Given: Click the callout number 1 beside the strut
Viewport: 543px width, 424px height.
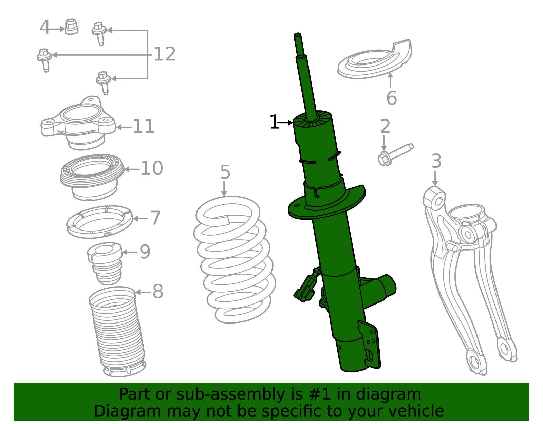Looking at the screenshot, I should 274,122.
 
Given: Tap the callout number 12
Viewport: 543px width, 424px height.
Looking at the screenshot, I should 165,54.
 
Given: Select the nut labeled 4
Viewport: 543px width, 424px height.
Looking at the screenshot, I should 71,26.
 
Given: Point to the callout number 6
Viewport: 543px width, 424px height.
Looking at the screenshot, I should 391,98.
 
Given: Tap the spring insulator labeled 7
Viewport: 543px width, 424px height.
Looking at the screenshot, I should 99,221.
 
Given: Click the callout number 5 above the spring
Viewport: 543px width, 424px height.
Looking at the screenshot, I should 225,172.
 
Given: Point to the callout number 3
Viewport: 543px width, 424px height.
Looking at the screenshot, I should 436,161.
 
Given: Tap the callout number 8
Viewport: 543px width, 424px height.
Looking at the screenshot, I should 157,292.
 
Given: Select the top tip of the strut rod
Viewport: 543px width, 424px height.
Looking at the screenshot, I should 297,35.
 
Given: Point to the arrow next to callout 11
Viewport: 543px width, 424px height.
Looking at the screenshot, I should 124,128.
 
